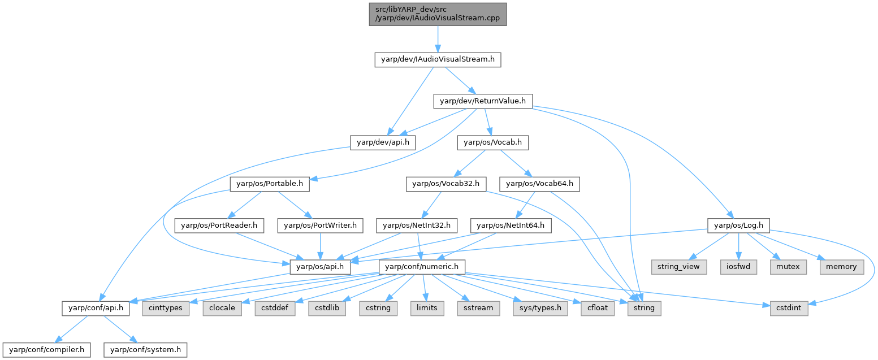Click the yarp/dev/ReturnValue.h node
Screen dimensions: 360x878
coord(482,101)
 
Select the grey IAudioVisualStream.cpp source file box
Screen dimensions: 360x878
coord(437,14)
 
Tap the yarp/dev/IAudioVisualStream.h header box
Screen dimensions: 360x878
coord(437,59)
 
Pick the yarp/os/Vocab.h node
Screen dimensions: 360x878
coord(492,142)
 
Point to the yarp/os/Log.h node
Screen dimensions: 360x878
coord(738,225)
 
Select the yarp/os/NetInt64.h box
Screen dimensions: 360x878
coord(511,225)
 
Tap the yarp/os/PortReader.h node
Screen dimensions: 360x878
coord(219,225)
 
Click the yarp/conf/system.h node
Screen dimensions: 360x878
coord(145,350)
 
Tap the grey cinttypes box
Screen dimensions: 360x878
coord(166,308)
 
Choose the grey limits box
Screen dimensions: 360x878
coord(427,308)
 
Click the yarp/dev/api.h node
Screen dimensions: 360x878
coord(383,142)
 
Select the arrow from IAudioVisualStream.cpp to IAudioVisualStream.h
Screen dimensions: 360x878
coord(437,39)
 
